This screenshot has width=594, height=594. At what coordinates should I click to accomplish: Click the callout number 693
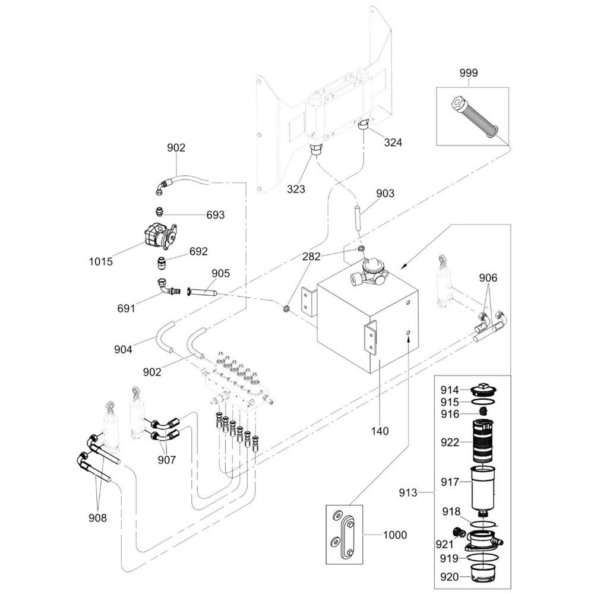point(216,215)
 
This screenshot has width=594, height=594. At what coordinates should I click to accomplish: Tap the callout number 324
point(393,143)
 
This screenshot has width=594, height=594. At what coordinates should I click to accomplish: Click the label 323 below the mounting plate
point(296,189)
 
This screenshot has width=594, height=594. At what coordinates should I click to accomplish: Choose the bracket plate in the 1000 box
point(343,534)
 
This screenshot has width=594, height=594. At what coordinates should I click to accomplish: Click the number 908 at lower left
point(97,518)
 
